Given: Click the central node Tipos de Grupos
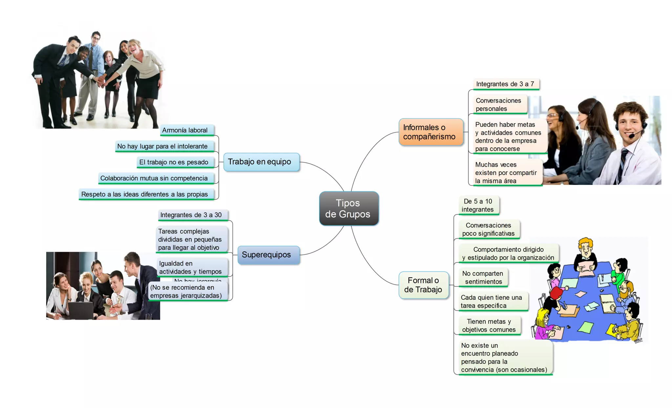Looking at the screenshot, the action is click(349, 208).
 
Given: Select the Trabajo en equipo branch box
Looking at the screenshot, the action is click(261, 162).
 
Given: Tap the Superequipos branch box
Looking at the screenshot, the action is click(268, 255).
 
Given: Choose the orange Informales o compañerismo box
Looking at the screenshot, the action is click(430, 132).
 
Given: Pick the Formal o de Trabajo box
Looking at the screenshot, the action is click(423, 285).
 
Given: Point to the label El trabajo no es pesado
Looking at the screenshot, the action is click(175, 162).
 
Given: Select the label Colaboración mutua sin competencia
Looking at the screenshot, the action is click(155, 178).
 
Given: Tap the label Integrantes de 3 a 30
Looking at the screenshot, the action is click(192, 215).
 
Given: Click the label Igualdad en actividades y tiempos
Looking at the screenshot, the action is click(191, 268).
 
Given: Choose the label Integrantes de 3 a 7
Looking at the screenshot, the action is click(505, 84).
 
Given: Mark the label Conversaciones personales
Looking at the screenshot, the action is click(499, 104).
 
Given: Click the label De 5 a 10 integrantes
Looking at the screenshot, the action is click(478, 205).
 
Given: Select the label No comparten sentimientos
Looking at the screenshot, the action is click(483, 277).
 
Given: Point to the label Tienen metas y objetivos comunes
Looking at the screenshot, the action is click(489, 326).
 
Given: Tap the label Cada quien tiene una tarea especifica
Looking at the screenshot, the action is click(492, 301).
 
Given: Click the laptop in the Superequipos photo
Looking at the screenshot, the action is click(80, 310).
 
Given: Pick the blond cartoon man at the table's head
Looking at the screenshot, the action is click(585, 253).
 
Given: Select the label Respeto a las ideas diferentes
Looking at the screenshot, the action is click(145, 194).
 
